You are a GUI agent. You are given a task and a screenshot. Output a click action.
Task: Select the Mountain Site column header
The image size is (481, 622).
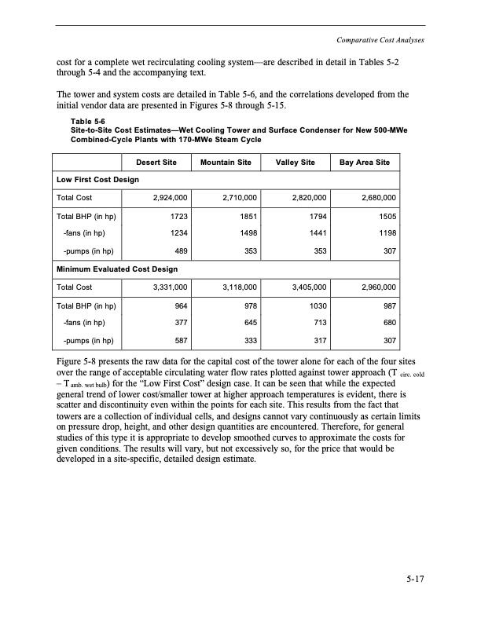pyautogui.click(x=226, y=163)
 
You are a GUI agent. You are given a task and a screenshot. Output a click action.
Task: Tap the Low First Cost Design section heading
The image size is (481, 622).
pyautogui.click(x=97, y=180)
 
